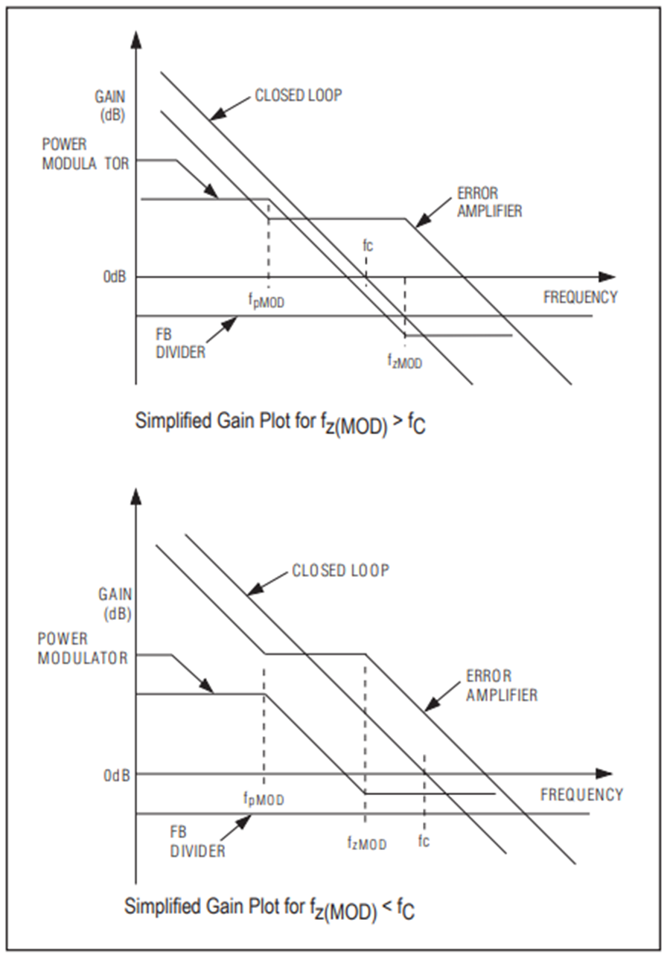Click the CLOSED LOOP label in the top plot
pyautogui.click(x=299, y=95)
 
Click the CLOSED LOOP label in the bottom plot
pyautogui.click(x=341, y=570)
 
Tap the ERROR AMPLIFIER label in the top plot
pyautogui.click(x=490, y=202)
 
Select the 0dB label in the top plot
pyautogui.click(x=115, y=277)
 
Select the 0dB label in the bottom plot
pyautogui.click(x=116, y=776)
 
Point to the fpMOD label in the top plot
pyautogui.click(x=266, y=301)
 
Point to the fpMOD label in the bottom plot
pyautogui.click(x=264, y=799)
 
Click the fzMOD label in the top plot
pyautogui.click(x=404, y=361)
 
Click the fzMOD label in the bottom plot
pyautogui.click(x=367, y=843)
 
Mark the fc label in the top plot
pyautogui.click(x=368, y=246)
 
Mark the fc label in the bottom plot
pyautogui.click(x=424, y=840)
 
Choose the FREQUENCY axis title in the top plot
pyautogui.click(x=580, y=297)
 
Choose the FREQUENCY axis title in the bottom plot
pyautogui.click(x=581, y=795)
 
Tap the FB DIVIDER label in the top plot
pyautogui.click(x=180, y=344)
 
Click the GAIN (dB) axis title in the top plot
pyautogui.click(x=110, y=106)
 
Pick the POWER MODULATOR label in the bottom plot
pyautogui.click(x=83, y=648)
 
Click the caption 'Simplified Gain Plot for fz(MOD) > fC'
pyautogui.click(x=280, y=423)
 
